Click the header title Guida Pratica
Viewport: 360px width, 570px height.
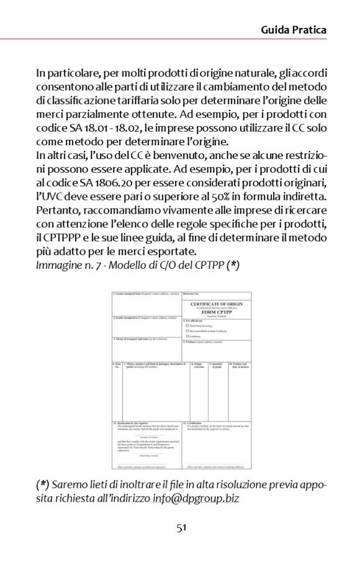tap(293, 29)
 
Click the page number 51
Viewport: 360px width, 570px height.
tap(181, 527)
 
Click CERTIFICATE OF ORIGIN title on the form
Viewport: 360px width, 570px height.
tap(217, 304)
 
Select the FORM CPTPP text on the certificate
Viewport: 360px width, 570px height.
tap(217, 312)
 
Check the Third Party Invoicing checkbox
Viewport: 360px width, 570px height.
tap(187, 325)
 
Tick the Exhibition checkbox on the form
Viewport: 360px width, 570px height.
tap(187, 336)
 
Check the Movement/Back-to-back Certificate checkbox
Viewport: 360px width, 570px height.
tap(187, 330)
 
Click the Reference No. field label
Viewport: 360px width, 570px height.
tap(191, 292)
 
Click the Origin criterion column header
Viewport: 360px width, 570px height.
tap(199, 365)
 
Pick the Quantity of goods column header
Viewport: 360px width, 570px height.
tap(217, 365)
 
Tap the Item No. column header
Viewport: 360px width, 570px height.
tap(117, 365)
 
